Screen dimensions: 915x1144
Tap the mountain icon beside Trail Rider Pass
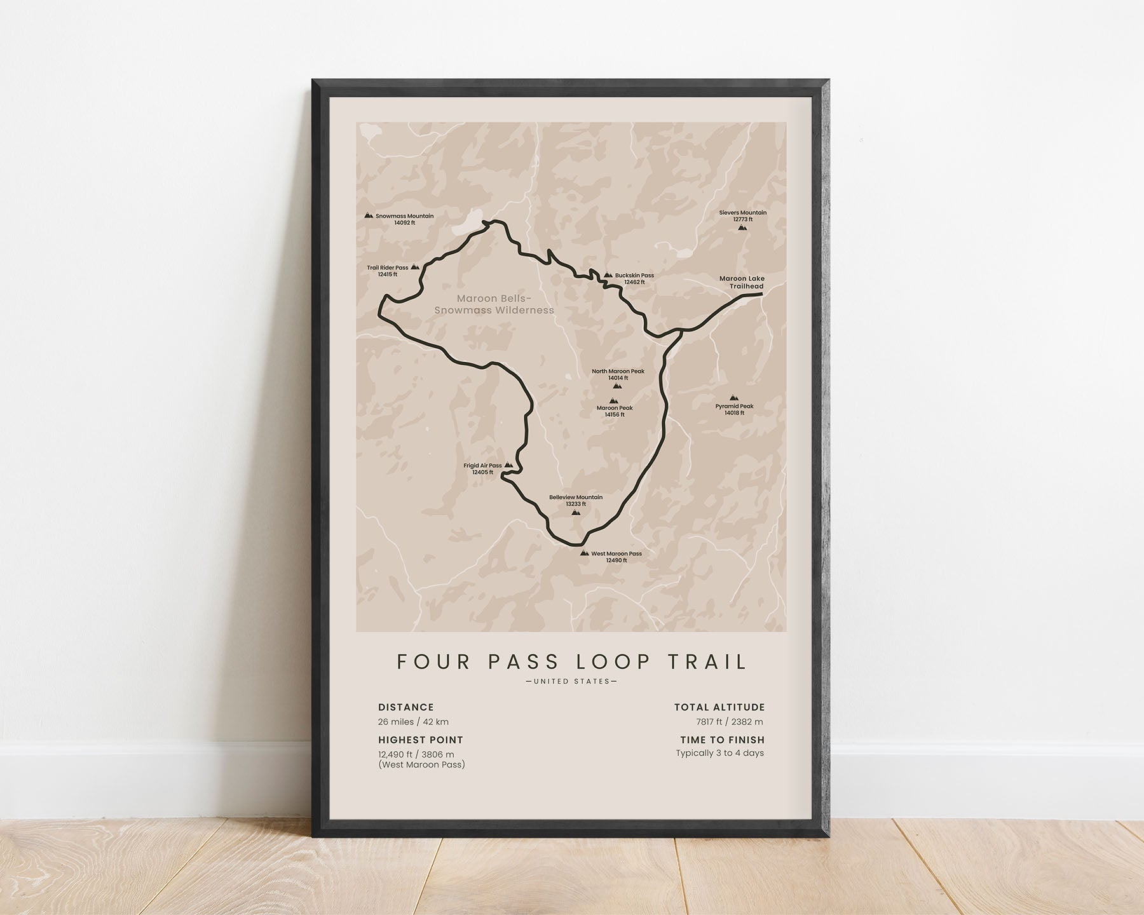[415, 268]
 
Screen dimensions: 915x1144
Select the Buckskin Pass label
[634, 278]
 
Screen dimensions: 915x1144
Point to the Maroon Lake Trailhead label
[742, 282]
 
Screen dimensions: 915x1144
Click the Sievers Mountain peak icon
[742, 227]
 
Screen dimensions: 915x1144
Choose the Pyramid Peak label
[734, 409]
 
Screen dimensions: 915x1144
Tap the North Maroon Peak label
[618, 374]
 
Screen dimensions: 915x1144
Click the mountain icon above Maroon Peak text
[613, 400]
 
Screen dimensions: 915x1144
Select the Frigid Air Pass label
[482, 468]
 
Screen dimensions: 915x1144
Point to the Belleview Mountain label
[576, 500]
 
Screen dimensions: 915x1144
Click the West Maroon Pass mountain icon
[584, 553]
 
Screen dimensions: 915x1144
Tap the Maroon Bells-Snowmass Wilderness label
[494, 304]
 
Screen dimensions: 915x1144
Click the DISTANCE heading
[405, 707]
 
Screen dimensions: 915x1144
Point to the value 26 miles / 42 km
[413, 722]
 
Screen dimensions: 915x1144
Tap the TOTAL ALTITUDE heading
[719, 707]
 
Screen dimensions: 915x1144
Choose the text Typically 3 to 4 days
[719, 753]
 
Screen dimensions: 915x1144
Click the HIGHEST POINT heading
[420, 740]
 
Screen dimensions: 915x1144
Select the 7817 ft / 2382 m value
[730, 722]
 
